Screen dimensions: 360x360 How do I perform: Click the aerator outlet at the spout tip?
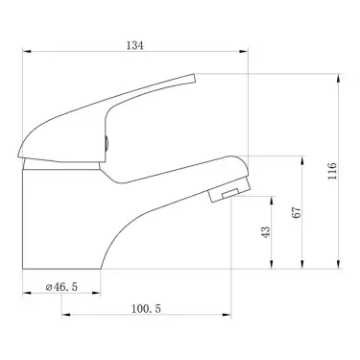[x=225, y=195]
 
